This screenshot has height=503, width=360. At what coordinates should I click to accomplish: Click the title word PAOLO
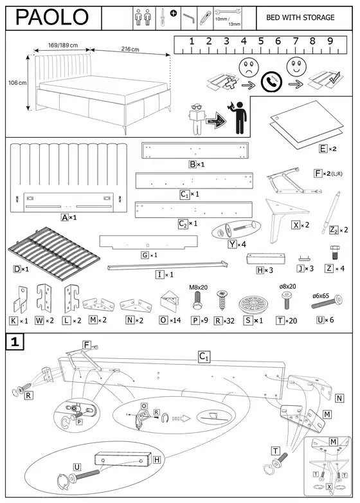(52, 17)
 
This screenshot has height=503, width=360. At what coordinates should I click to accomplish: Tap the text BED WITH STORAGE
(300, 17)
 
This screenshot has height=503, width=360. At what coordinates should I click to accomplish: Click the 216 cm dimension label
(130, 49)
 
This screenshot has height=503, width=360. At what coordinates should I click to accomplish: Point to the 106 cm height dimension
(17, 83)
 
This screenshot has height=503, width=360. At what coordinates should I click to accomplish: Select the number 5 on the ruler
(260, 41)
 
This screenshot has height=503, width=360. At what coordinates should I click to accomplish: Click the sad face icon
(249, 67)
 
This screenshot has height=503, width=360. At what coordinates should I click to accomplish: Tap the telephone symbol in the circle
(271, 82)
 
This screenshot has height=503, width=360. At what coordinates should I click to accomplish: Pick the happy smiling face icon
(296, 66)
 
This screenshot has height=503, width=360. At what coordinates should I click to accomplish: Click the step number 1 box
(15, 342)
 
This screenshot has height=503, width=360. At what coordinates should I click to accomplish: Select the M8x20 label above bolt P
(198, 287)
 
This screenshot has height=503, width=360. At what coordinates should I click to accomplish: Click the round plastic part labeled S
(253, 304)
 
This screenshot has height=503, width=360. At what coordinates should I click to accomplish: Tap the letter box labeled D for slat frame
(17, 269)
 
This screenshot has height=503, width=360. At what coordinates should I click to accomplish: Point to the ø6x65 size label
(321, 295)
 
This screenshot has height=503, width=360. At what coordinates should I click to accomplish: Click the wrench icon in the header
(228, 12)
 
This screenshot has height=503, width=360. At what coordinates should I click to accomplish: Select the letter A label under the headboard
(65, 217)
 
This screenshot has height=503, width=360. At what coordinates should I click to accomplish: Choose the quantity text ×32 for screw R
(229, 320)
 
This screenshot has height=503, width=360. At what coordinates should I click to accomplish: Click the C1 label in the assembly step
(204, 357)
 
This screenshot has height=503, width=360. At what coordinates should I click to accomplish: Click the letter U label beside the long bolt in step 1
(77, 467)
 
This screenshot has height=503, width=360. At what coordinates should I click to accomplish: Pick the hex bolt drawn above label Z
(335, 252)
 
